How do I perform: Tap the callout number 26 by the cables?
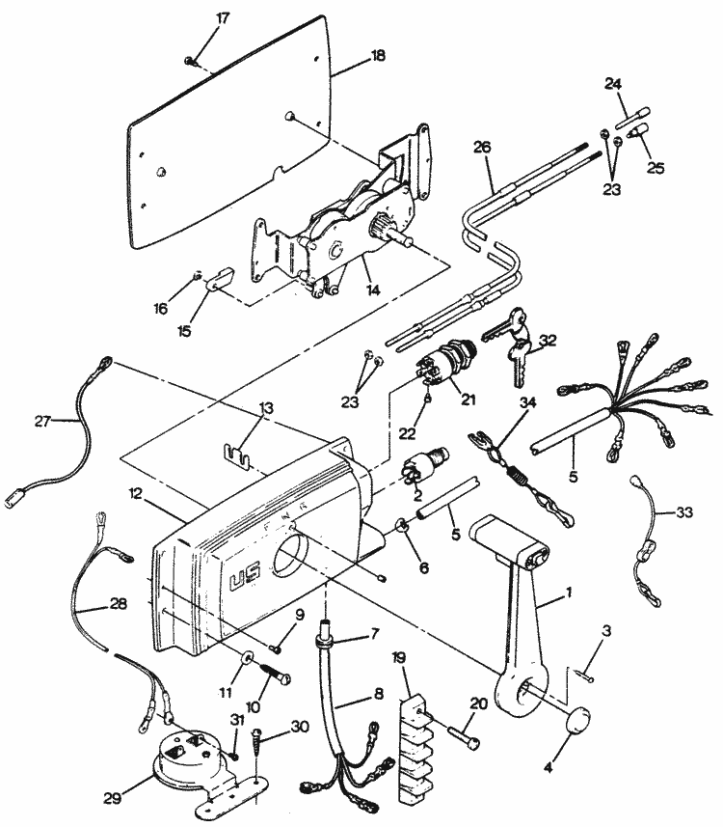pos(483,148)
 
